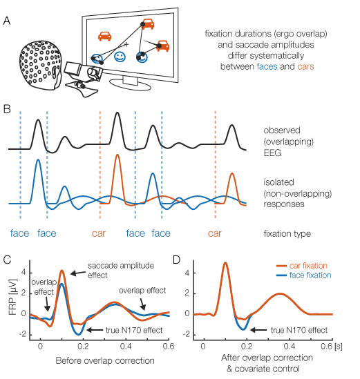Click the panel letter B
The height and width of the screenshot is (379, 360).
pos(7,109)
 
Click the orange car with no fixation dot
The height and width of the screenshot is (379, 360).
pos(105,36)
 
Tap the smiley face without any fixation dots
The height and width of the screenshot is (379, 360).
pos(120,57)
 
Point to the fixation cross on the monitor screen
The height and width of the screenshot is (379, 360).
pos(126,44)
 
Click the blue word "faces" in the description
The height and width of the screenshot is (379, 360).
pos(267,66)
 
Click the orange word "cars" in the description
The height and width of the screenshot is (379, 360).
pos(305,66)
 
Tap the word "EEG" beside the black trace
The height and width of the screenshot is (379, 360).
pos(272,153)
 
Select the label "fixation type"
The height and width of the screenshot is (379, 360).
pos(287,234)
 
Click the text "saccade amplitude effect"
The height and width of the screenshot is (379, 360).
pos(121,271)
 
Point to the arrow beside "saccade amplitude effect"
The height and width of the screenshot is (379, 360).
pos(78,273)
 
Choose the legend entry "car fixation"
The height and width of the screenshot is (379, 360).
pos(302,266)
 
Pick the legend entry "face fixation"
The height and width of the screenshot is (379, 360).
pos(303,275)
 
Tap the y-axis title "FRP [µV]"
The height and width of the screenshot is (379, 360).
pos(12,298)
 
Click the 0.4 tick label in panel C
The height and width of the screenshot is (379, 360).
pos(126,346)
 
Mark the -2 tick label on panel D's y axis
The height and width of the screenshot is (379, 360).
pos(187,334)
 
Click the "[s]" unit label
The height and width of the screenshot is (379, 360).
pos(338,347)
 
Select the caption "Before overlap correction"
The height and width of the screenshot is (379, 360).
pos(105,360)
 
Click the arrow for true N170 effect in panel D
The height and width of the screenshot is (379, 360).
pos(258,330)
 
